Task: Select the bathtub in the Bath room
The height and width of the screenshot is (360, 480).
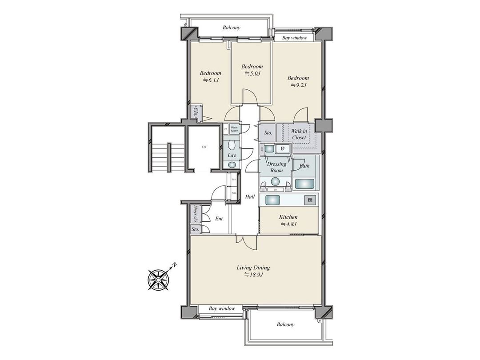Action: (x=304, y=183)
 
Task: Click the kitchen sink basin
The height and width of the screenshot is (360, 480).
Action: (x=272, y=200)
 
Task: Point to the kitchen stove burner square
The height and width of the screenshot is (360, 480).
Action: (x=309, y=200)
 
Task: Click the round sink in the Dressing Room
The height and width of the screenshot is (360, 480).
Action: (x=276, y=181)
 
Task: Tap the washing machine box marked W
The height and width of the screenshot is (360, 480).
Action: (x=283, y=149)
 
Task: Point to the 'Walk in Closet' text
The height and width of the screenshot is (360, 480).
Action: (x=298, y=134)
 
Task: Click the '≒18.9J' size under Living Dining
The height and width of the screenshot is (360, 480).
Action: (x=253, y=275)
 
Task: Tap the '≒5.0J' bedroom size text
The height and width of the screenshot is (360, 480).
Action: (x=252, y=73)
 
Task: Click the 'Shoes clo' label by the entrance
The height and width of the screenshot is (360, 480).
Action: (x=195, y=214)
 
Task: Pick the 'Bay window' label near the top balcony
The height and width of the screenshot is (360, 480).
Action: (x=294, y=38)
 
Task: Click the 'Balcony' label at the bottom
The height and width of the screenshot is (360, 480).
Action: (x=285, y=324)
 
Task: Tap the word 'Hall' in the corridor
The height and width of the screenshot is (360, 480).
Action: (x=250, y=196)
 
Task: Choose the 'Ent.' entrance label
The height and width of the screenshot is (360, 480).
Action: (x=219, y=219)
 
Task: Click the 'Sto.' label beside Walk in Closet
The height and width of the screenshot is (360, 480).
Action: (x=268, y=133)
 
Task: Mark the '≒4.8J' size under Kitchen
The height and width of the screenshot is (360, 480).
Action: (x=288, y=224)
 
